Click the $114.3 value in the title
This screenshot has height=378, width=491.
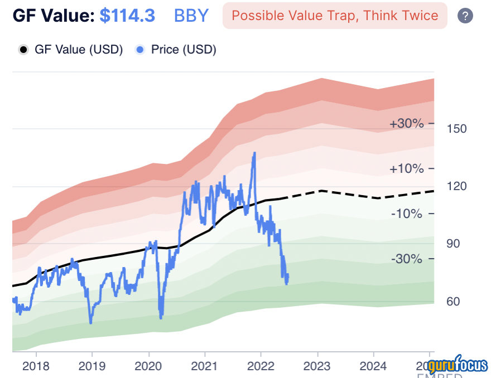point(127,15)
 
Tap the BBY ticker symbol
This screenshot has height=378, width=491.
point(191,15)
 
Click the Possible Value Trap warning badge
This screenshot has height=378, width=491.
point(335,15)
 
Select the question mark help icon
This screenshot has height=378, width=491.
point(465,16)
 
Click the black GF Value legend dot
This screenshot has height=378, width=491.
point(23,50)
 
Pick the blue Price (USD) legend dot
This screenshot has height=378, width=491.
point(140,50)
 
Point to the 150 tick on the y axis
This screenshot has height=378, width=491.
point(457,129)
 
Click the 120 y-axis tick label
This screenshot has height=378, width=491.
point(457,186)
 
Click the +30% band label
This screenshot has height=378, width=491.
point(407,124)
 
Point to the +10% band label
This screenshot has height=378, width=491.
point(407,168)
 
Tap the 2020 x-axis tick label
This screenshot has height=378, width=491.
point(149,367)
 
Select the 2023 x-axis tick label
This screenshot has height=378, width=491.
point(317,367)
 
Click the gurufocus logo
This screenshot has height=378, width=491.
point(458,365)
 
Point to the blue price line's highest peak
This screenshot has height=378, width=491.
point(254,153)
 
